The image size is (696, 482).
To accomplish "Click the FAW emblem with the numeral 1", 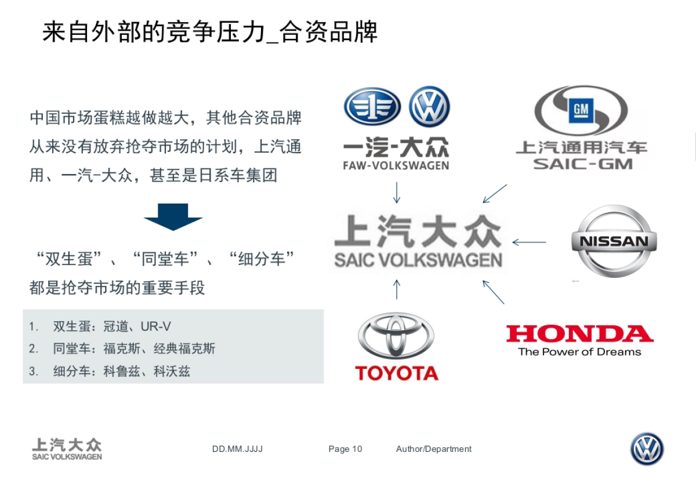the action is pyautogui.click(x=372, y=108).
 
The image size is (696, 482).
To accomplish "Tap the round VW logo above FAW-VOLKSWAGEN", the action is pyautogui.click(x=429, y=107).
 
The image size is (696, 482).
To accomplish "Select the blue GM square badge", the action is pyautogui.click(x=580, y=110).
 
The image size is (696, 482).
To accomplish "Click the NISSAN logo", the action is pyautogui.click(x=614, y=241).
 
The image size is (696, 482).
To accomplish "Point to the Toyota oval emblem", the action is pyautogui.click(x=396, y=336).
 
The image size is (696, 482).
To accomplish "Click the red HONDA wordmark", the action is pyautogui.click(x=579, y=334).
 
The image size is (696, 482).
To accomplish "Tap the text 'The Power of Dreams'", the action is pyautogui.click(x=579, y=351).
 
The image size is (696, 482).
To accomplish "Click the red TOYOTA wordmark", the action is pyautogui.click(x=397, y=373).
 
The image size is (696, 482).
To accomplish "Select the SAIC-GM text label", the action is pyautogui.click(x=582, y=164).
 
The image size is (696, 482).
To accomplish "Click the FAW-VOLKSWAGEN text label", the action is pyautogui.click(x=396, y=165).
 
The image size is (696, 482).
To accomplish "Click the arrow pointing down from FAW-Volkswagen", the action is pyautogui.click(x=397, y=193).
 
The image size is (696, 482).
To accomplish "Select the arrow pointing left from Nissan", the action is pyautogui.click(x=529, y=242).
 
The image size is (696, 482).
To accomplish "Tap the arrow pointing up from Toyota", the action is pyautogui.click(x=397, y=289).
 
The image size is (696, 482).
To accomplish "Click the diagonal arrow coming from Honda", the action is pyautogui.click(x=494, y=292).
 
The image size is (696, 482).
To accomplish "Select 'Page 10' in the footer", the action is pyautogui.click(x=345, y=449).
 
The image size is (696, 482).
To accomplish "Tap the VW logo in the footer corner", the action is pyautogui.click(x=647, y=449).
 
